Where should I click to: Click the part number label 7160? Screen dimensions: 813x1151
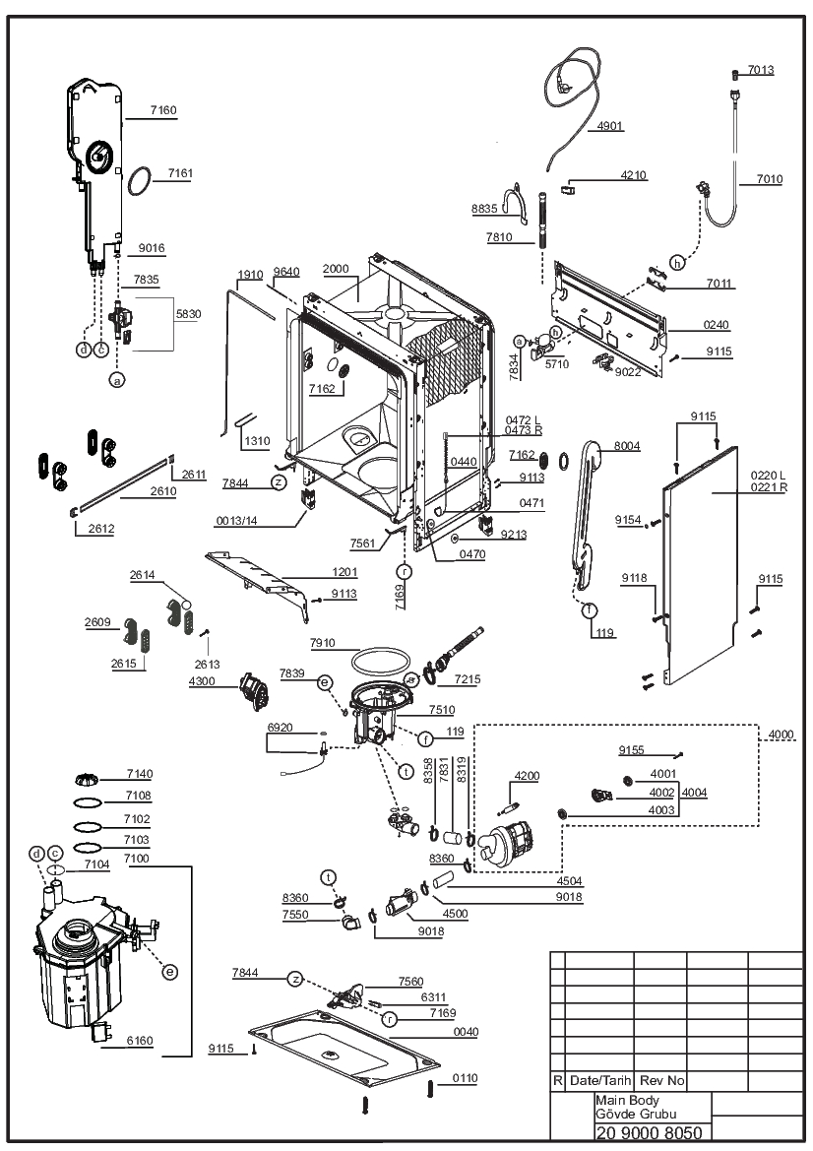click(x=162, y=110)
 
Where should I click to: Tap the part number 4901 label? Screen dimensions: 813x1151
click(x=610, y=125)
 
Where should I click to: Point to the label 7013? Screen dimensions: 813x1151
click(x=761, y=70)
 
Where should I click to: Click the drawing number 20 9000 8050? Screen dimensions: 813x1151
click(x=649, y=1132)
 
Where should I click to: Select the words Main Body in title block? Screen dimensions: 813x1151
click(x=627, y=1101)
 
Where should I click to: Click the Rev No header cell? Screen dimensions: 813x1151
click(x=661, y=1080)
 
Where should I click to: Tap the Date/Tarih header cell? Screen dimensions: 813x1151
click(x=600, y=1080)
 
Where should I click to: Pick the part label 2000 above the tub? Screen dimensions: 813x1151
click(x=336, y=269)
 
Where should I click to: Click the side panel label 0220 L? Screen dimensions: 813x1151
click(x=769, y=477)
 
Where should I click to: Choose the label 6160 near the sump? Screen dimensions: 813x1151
click(x=140, y=1040)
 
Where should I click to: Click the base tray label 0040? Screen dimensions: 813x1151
click(x=466, y=1031)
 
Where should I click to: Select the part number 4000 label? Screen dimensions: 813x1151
click(x=781, y=735)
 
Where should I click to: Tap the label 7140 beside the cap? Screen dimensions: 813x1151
click(x=140, y=774)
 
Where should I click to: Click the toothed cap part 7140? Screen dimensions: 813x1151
click(x=88, y=778)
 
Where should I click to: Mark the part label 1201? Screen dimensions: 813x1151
click(x=344, y=572)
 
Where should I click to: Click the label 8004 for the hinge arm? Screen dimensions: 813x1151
click(x=627, y=446)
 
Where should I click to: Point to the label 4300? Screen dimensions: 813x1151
click(x=202, y=680)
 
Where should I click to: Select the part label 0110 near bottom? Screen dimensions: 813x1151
click(x=465, y=1077)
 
